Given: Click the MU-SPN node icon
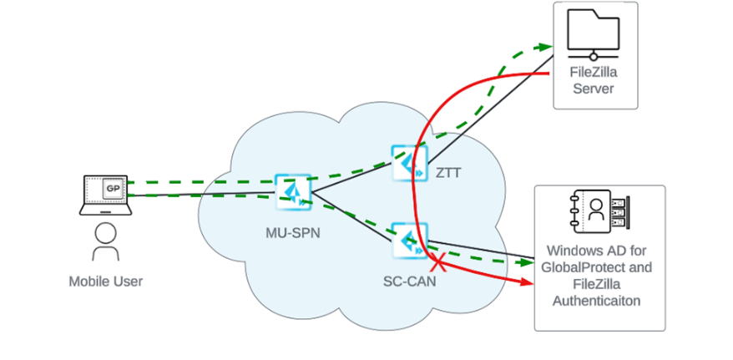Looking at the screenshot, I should point(293,192).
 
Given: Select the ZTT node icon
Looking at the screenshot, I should point(409,163).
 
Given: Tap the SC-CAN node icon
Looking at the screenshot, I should point(410,241).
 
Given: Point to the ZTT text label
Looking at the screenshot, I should point(447,173).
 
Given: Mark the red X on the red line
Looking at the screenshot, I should point(436,265).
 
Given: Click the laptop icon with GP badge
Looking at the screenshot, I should point(106,195).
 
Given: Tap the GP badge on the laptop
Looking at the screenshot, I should point(113,190).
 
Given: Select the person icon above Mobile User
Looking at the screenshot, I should point(105,242).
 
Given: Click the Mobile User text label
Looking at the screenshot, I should point(105,281).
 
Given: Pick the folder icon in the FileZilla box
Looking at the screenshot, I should point(594,33).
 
